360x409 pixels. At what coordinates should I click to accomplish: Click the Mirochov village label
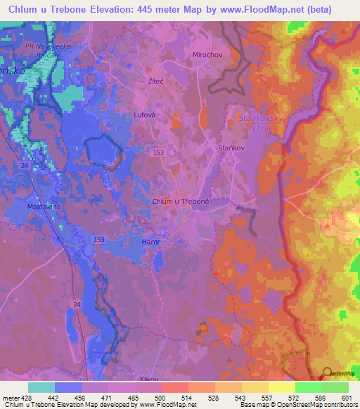point(207,54)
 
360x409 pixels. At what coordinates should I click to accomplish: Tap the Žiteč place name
point(157,82)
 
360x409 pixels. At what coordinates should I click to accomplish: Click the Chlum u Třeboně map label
point(181,202)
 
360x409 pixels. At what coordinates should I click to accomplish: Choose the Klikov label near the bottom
point(149,379)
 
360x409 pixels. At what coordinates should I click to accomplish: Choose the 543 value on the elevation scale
point(240,398)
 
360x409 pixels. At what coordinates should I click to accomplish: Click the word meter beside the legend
point(10,398)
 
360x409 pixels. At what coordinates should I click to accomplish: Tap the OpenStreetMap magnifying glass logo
point(328,372)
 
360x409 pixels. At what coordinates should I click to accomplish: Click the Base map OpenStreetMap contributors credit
point(298,405)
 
